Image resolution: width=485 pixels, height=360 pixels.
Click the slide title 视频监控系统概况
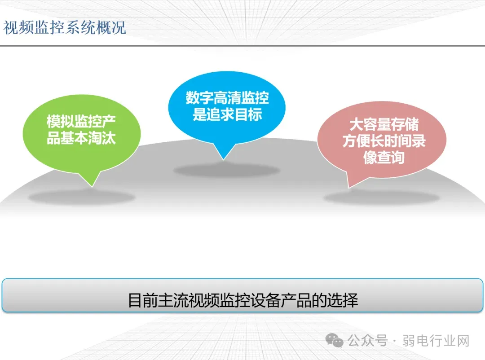point(65,27)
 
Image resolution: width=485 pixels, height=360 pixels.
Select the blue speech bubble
point(227,108)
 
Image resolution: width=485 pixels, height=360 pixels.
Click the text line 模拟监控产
point(81,121)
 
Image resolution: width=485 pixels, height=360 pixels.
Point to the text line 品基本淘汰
point(81,138)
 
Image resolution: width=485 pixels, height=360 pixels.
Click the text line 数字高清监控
point(227,98)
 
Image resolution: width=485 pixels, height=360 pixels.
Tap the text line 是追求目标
point(227,114)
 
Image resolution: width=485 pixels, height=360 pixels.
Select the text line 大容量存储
point(384,124)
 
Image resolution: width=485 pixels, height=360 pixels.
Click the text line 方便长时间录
point(384,140)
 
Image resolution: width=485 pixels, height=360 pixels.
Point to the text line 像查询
point(384,157)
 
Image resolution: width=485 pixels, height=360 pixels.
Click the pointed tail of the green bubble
point(92,186)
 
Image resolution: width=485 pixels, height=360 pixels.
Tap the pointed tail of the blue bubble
point(223,159)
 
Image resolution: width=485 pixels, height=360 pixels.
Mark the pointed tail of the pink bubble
point(349,188)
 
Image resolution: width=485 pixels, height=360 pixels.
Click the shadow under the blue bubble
point(227,171)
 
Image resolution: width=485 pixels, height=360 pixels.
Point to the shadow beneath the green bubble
point(82,198)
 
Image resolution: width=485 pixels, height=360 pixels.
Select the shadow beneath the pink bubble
point(382,198)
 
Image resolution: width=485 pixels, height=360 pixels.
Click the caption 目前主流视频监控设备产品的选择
point(243,300)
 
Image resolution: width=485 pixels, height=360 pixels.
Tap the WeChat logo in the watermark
point(335,340)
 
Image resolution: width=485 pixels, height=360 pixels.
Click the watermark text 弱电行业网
point(436,341)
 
